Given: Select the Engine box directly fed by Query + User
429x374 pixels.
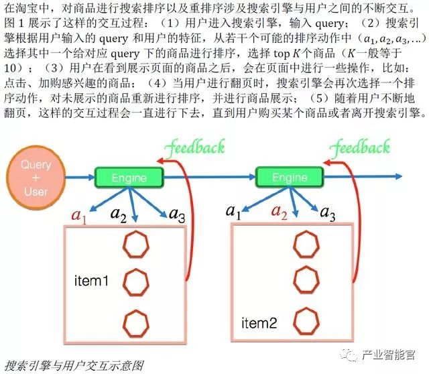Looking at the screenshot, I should click(x=129, y=178).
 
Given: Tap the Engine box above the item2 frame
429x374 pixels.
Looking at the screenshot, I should click(x=290, y=178).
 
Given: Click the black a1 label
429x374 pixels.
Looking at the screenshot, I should click(x=233, y=212).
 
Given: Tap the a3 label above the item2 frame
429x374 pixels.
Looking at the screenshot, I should click(x=327, y=214).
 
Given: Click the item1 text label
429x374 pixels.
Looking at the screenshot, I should click(x=91, y=281).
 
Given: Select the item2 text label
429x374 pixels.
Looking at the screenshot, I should click(x=259, y=323).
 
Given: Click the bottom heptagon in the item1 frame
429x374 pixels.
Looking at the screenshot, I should click(x=136, y=322).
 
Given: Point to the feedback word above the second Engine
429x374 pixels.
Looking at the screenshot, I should click(x=361, y=146).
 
